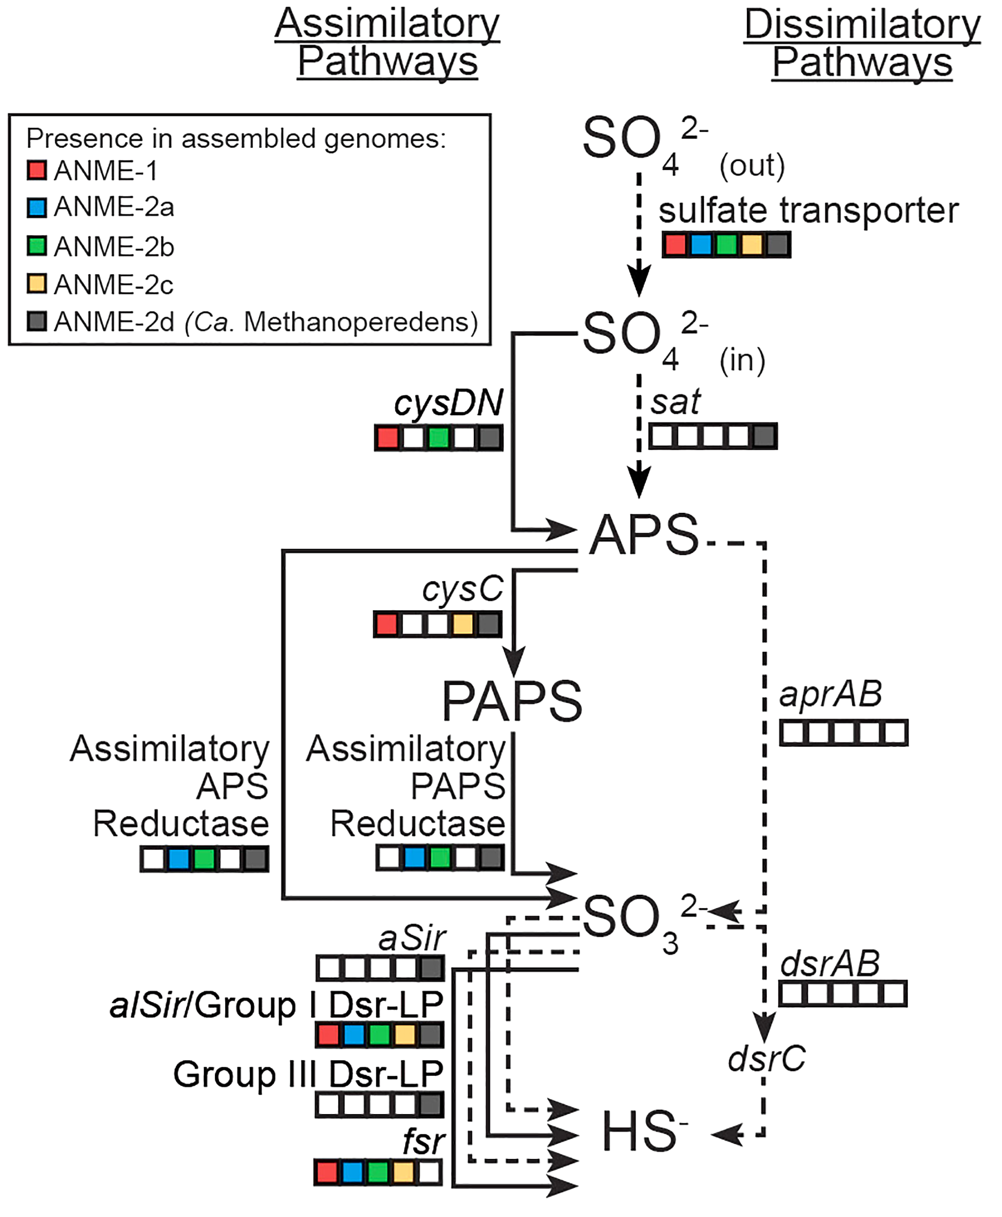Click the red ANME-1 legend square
coord(37,171)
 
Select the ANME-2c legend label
coord(113,285)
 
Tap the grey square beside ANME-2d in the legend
coord(37,321)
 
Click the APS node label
coord(644,535)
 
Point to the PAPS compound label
coord(512,702)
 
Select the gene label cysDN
coord(448,403)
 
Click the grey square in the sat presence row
coord(764,436)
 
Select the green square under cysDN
coord(438,437)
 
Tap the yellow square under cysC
coord(463,625)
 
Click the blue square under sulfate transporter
coord(701,245)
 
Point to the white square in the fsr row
coord(429,1173)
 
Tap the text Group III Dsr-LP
coord(308,1074)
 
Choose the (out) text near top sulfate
coord(752,166)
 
